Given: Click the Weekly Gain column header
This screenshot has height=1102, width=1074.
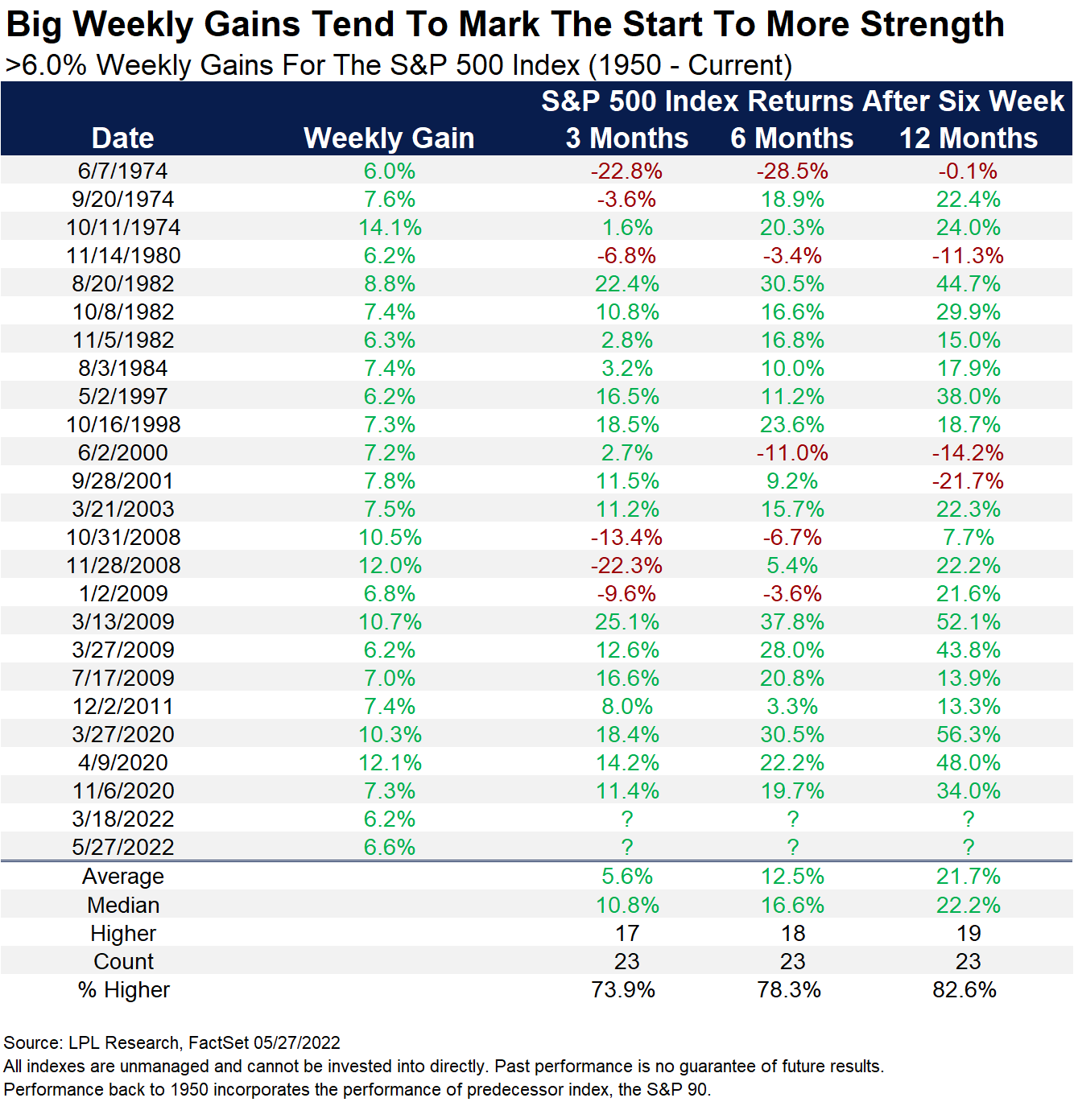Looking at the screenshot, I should click(x=389, y=138).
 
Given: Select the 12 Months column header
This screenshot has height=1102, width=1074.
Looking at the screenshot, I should click(x=968, y=138).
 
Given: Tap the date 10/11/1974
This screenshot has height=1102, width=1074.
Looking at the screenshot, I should click(x=123, y=228).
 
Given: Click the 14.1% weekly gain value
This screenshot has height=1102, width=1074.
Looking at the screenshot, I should click(x=390, y=228).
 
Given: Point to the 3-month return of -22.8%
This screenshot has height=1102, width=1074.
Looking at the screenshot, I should click(x=626, y=171).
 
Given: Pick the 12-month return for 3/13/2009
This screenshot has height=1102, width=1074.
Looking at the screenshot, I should click(x=968, y=622).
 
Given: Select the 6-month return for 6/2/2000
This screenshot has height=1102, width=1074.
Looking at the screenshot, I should click(x=792, y=453).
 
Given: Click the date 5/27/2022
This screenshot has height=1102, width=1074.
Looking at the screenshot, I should click(x=123, y=848).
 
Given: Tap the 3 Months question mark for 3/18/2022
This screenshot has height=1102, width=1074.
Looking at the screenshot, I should click(x=627, y=819).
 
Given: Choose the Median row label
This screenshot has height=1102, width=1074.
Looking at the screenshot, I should click(x=123, y=906).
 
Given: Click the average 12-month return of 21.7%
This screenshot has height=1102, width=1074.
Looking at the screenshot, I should click(x=968, y=877).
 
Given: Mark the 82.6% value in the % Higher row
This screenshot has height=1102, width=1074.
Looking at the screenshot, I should click(x=964, y=990).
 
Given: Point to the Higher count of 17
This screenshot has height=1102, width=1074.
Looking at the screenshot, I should click(x=627, y=934).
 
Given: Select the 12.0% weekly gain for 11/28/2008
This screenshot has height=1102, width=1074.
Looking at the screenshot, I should click(x=390, y=566).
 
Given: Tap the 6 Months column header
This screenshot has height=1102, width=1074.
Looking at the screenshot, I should click(x=791, y=138).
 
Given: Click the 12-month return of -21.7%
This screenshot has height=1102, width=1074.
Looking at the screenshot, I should click(x=968, y=481).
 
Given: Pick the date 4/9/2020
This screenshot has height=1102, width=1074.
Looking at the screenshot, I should click(x=123, y=763).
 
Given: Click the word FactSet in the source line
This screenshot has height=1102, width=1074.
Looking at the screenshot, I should click(x=218, y=1043).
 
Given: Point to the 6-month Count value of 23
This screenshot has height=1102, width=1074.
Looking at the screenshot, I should click(x=792, y=962).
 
